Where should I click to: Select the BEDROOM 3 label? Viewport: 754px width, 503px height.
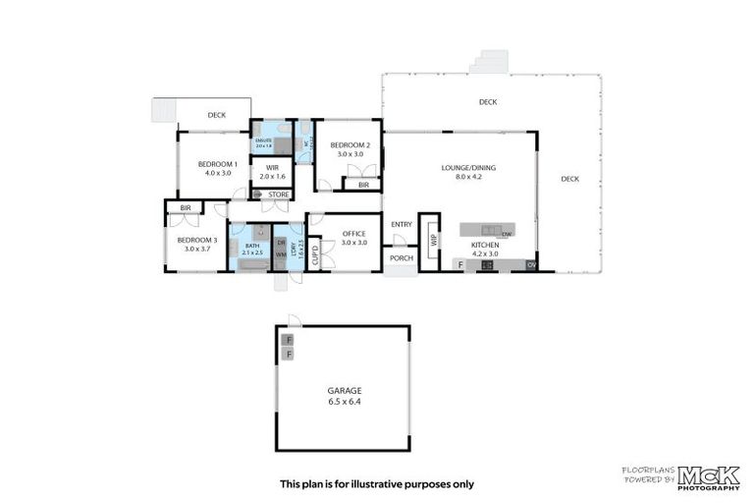197,240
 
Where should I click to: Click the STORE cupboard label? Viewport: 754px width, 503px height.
278,195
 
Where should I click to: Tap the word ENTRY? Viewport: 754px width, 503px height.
402,225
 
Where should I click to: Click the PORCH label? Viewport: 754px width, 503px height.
401,259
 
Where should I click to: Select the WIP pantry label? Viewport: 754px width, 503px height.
430,239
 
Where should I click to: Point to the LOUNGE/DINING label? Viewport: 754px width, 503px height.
468,168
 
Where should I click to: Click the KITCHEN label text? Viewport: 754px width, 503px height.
485,245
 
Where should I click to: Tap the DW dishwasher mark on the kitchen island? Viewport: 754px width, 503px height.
507,234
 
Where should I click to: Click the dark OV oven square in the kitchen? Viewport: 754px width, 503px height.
531,264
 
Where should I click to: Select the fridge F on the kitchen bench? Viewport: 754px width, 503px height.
459,264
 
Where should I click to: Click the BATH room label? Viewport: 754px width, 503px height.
251,247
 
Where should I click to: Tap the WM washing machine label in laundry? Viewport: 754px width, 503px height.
281,255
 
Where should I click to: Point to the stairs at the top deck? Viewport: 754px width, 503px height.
489,62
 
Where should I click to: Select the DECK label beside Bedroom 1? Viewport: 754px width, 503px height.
216,115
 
